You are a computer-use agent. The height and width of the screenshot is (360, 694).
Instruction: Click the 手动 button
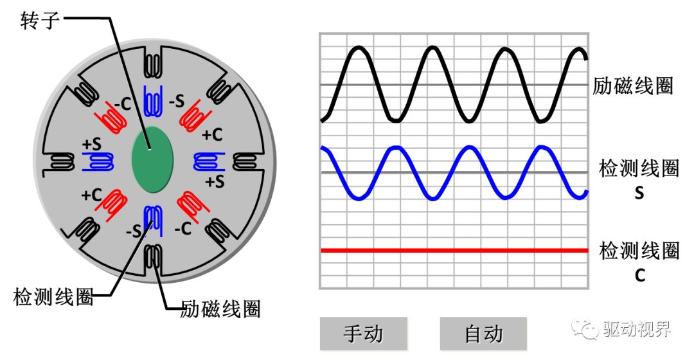(363, 334)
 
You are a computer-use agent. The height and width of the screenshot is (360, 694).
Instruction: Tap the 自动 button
(483, 334)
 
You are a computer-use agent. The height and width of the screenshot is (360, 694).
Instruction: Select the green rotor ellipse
(152, 159)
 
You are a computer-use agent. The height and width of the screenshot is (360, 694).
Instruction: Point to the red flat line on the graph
(454, 251)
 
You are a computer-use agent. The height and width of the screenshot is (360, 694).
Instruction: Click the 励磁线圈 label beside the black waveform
(633, 86)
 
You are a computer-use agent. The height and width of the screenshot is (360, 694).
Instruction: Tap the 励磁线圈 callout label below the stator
(220, 309)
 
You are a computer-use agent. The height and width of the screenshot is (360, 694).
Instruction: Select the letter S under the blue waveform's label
(639, 193)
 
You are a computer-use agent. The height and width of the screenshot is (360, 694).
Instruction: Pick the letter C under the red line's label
(639, 275)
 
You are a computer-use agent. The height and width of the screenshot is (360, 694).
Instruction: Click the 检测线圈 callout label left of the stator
(53, 296)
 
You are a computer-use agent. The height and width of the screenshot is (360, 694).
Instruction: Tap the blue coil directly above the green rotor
(153, 101)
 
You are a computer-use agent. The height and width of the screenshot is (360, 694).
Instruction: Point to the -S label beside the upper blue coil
(177, 101)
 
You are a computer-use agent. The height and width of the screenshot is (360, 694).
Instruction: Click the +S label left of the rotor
(92, 144)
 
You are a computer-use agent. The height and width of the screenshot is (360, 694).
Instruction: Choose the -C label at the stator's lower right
(182, 228)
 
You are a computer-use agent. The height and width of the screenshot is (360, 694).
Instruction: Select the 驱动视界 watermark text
(637, 329)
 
